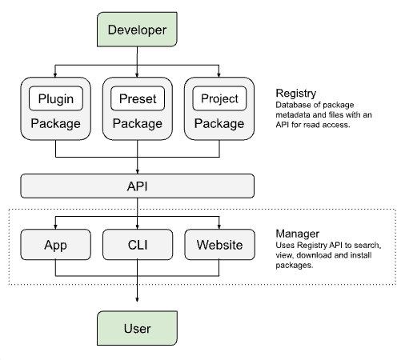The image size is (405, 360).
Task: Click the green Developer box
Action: coord(137,30)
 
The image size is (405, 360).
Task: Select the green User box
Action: coord(137,328)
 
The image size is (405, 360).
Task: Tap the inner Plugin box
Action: coord(55,99)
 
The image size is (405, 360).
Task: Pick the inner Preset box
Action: coord(137,99)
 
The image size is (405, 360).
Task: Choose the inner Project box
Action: coord(219,99)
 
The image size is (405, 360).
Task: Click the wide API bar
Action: coord(137,186)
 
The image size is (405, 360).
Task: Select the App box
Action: coord(54,245)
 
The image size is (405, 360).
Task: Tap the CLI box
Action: coord(137,245)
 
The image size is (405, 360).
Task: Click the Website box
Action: coord(219,245)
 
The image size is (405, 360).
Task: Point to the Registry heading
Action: coord(295,93)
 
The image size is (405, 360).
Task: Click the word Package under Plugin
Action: coord(55,124)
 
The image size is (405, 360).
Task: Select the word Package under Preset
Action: coord(137,124)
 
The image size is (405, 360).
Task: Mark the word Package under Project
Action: coord(219,124)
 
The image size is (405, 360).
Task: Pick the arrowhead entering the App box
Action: coord(54,226)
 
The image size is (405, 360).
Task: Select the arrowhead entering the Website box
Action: coord(219,226)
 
